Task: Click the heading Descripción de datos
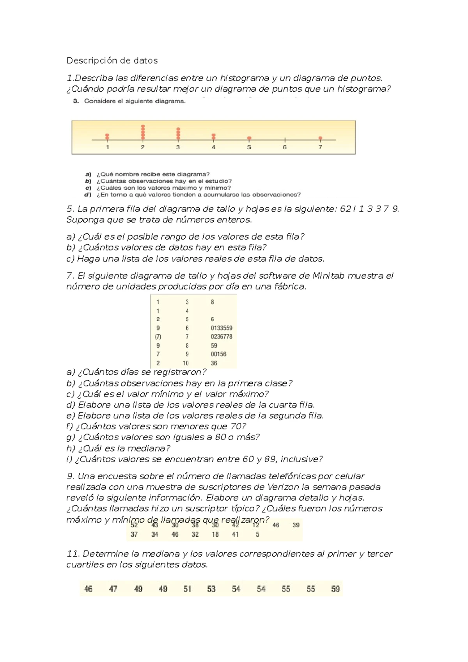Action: tap(112, 61)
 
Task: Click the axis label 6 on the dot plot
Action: tap(285, 147)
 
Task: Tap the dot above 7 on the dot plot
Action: tap(320, 138)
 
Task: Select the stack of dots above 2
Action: tap(143, 132)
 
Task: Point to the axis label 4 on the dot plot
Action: tap(213, 147)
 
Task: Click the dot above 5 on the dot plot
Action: tap(249, 138)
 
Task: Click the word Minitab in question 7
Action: tap(328, 276)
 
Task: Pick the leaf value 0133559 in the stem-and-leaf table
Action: tap(221, 328)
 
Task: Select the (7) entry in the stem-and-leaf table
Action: tap(158, 336)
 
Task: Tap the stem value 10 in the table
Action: tap(186, 363)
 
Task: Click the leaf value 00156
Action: tap(218, 354)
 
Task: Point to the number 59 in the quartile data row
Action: tap(335, 589)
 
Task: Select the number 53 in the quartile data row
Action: tap(211, 589)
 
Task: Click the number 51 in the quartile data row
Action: tap(187, 589)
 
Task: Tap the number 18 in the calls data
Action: tap(215, 534)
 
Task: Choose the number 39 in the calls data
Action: tap(296, 525)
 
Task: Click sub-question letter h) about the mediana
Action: tap(71, 448)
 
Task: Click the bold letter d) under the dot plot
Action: tap(88, 194)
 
